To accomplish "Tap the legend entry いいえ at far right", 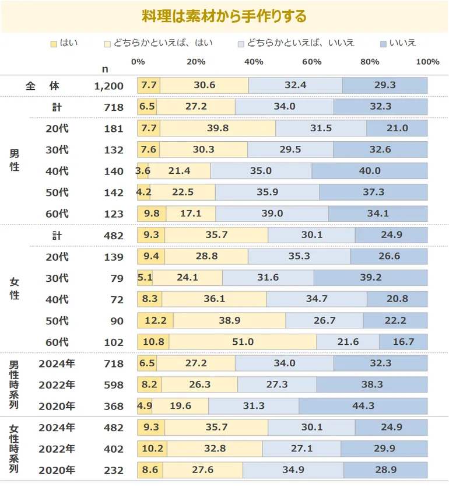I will tap(402, 43).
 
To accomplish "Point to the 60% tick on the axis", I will tap(312, 62).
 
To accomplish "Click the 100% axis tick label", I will tap(428, 62).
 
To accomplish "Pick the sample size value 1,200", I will tap(108, 86).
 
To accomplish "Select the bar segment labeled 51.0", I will tap(243, 342).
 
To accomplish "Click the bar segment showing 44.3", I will tap(363, 406).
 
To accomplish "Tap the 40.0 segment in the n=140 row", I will tap(370, 171).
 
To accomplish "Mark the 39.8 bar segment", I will tap(218, 128).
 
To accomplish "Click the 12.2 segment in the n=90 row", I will tap(155, 321).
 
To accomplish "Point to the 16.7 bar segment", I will tap(404, 342).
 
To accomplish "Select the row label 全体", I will tap(43, 86).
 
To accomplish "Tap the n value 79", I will tap(117, 278).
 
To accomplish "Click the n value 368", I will tap(114, 406).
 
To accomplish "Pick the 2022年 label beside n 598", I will tap(57, 385).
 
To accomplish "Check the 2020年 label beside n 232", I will tap(57, 470).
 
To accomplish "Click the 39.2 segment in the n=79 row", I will tap(371, 278).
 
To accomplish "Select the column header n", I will tap(105, 69).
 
